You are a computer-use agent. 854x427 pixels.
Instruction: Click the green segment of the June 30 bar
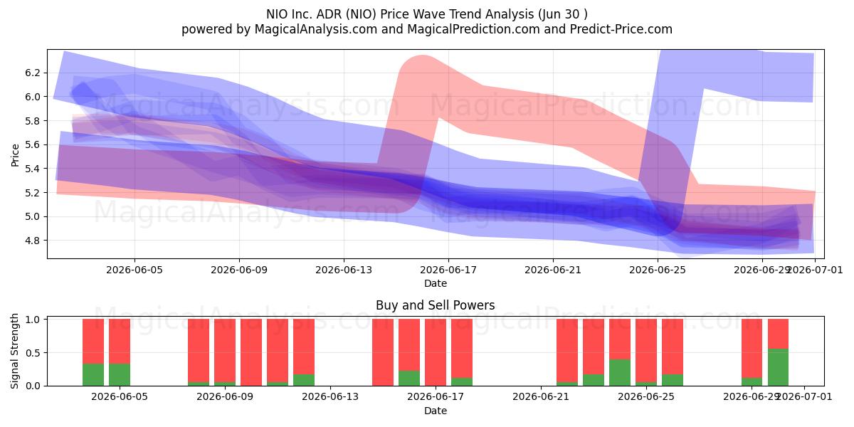coord(778,367)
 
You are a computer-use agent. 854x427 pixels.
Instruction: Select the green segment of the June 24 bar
coord(620,372)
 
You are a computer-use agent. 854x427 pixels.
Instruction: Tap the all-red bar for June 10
coord(251,352)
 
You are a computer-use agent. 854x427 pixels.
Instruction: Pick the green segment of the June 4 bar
coord(93,375)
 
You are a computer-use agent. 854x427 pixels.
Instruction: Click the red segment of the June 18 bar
coord(462,348)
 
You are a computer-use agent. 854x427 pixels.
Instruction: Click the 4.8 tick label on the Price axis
coord(33,241)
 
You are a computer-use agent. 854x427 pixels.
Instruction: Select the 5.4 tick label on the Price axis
coord(33,169)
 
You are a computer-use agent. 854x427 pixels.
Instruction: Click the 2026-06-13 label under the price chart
coord(344,270)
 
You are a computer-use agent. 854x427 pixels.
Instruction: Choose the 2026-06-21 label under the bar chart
coord(541,396)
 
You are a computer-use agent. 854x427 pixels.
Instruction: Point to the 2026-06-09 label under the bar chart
coord(225,396)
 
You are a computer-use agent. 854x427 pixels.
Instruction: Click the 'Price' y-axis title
coord(15,155)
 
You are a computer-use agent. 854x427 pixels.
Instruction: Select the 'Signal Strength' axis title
coord(14,351)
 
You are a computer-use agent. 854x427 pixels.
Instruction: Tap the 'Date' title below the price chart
coord(436,283)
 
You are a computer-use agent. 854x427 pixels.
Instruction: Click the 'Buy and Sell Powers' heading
coord(436,305)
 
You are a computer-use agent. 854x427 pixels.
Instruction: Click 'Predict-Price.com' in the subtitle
coord(621,29)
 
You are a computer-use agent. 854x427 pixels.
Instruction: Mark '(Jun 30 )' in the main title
coord(563,14)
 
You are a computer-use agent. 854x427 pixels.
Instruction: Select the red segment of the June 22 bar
coord(567,350)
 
